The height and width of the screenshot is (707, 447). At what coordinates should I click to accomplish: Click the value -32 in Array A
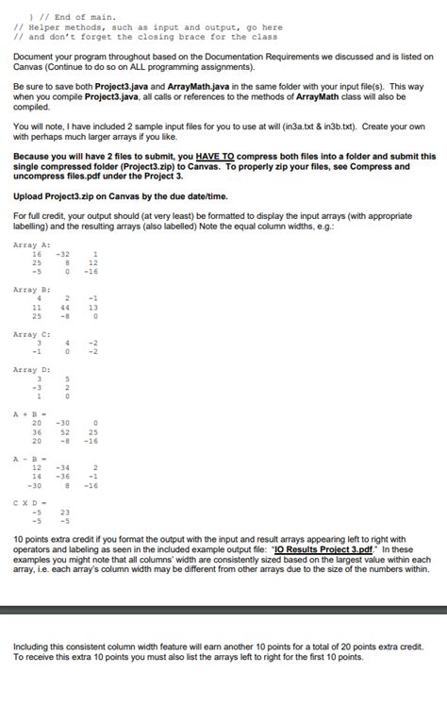coord(64,254)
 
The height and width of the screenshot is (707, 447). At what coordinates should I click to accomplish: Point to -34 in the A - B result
coord(64,466)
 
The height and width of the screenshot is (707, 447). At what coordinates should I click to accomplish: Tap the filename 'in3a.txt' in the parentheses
coord(337,125)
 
